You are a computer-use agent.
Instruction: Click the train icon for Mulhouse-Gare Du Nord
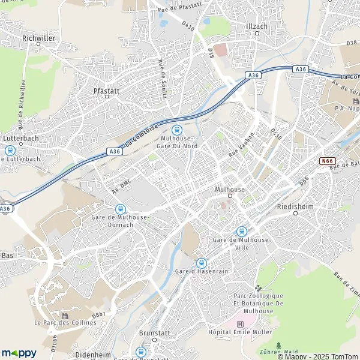(176, 129)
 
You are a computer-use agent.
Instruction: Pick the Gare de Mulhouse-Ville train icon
(241, 231)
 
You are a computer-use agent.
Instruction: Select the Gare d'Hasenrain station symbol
(201, 262)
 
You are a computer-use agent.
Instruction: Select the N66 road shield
(327, 161)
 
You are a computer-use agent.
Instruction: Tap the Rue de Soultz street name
(161, 70)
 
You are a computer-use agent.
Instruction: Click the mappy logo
(19, 353)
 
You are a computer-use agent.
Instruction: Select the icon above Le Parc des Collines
(65, 315)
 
